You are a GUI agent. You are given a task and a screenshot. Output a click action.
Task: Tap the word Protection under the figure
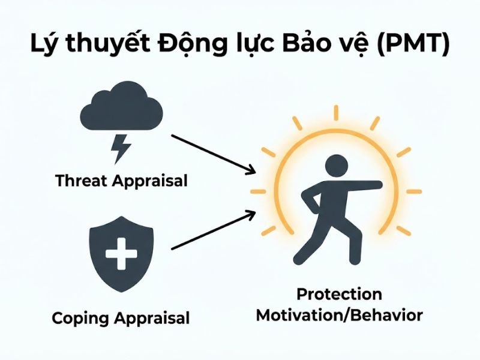click(339, 295)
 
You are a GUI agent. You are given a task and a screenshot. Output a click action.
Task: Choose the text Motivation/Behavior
click(339, 315)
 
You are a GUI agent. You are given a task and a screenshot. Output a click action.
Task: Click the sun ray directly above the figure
click(335, 112)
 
